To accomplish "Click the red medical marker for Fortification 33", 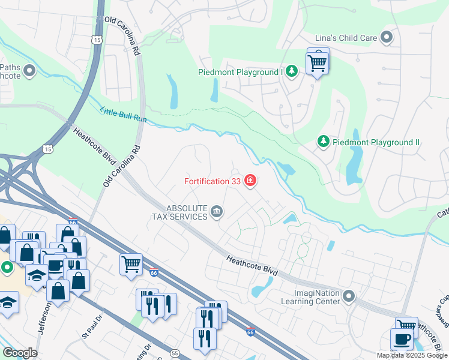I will tap(250, 181).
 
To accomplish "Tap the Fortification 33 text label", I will tap(211, 181).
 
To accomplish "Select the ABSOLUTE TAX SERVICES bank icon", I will tap(217, 211).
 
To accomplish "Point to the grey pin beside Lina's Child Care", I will tap(387, 38).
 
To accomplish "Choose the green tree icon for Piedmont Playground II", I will tap(324, 142).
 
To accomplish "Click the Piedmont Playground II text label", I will tap(376, 142).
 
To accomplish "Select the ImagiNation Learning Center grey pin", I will tap(349, 296).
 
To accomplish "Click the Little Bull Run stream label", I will tap(123, 113).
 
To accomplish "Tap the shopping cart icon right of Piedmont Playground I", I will tap(317, 61).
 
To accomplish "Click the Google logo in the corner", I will tap(19, 353).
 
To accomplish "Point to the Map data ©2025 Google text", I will tap(412, 355).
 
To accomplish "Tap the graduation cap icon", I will tap(37, 274).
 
